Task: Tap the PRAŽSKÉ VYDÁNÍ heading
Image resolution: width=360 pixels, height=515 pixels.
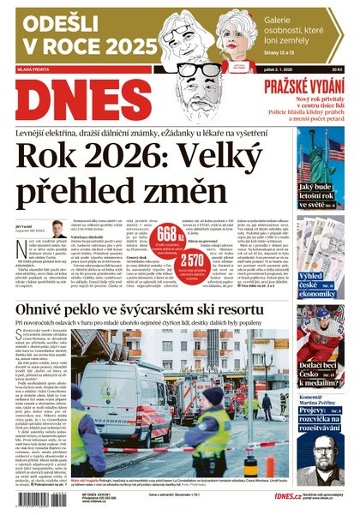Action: pos(304,86)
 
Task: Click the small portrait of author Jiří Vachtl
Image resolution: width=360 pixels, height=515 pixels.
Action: pos(58,229)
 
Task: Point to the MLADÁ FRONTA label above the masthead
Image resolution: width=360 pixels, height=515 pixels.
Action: pos(33,70)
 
